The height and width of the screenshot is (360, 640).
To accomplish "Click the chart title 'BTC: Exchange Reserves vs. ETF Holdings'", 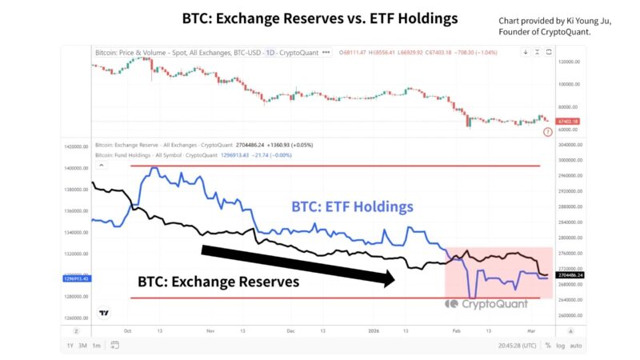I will pyautogui.click(x=319, y=18).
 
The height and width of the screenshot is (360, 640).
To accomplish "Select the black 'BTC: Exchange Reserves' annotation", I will pyautogui.click(x=218, y=282).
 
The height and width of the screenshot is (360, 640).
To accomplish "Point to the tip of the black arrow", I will pyautogui.click(x=395, y=278).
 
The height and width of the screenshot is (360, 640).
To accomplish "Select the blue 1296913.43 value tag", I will pyautogui.click(x=77, y=278).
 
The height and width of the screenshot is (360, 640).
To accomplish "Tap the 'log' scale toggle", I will pyautogui.click(x=560, y=345).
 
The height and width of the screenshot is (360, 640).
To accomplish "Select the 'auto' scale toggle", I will pyautogui.click(x=576, y=345).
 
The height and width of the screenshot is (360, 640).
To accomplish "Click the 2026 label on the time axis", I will pyautogui.click(x=374, y=330).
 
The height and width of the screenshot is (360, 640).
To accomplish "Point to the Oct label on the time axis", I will pyautogui.click(x=128, y=330).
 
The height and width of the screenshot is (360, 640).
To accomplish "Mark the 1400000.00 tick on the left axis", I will pyautogui.click(x=77, y=168).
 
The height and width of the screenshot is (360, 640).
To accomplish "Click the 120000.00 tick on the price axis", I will pyautogui.click(x=570, y=62).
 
